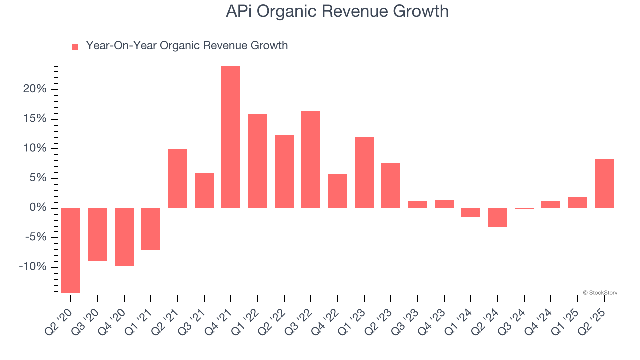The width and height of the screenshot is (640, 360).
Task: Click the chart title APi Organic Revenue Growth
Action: [x=337, y=11]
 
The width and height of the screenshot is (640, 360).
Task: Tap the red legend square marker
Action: [x=75, y=47]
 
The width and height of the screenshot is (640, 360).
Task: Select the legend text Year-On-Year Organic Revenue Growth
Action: [x=187, y=46]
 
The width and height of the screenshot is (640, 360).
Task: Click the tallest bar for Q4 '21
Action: [x=231, y=137]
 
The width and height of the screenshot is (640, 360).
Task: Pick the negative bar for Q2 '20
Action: [x=71, y=250]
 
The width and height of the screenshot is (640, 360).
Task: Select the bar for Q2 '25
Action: [x=604, y=184]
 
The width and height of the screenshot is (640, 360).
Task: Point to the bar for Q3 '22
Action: [x=311, y=160]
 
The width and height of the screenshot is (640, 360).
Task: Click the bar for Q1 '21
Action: [x=151, y=229]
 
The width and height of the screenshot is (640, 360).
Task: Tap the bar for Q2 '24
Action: [x=498, y=217]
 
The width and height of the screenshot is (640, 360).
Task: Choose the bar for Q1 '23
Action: [x=364, y=172]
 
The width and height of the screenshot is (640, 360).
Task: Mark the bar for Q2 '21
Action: [x=178, y=178]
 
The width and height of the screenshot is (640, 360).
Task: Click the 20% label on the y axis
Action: [x=35, y=89]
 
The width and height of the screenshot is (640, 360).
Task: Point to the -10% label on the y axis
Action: [x=33, y=267]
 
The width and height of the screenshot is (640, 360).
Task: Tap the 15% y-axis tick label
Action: [x=35, y=119]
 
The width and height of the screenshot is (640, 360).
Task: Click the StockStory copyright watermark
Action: [x=600, y=293]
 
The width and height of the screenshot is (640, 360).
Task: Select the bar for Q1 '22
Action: [x=258, y=161]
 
